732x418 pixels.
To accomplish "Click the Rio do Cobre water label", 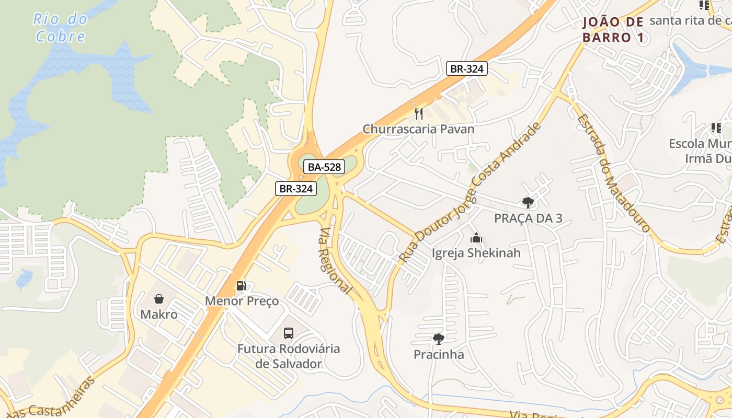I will coord(60,28).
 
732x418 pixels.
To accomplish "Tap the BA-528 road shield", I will coord(324,167).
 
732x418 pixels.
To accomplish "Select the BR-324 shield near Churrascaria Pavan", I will coord(467,68).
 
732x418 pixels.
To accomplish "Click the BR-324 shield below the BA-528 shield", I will coord(296,189).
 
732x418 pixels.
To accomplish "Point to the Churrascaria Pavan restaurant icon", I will coord(418,113).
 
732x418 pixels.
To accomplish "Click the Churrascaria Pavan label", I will coord(418,129).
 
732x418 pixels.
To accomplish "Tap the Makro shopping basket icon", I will coord(159,299).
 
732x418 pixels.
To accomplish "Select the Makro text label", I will coord(159,315).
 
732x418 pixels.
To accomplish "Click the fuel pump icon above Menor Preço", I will coord(242,286).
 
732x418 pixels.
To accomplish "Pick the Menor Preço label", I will coord(242,301).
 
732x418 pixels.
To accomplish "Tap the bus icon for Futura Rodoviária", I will coord(289,333).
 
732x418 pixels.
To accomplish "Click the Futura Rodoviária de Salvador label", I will coord(289,356).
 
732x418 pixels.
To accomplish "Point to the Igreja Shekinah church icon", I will coord(476,238).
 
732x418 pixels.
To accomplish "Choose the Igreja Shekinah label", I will coord(476,253).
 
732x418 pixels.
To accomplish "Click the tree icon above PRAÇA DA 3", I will coord(528,203).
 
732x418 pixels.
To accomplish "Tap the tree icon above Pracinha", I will coord(439,339).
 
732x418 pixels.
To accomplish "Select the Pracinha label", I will coord(439,355).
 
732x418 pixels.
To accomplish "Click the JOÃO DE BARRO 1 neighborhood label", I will coord(613,30).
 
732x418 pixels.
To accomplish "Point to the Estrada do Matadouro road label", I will coord(613,172).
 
